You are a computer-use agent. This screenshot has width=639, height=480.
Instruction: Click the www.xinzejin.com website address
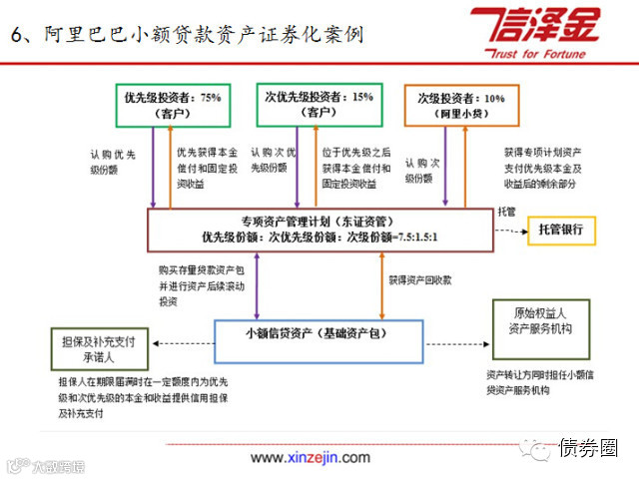pyautogui.click(x=311, y=457)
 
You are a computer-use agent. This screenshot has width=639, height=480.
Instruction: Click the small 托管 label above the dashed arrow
pyautogui.click(x=507, y=212)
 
